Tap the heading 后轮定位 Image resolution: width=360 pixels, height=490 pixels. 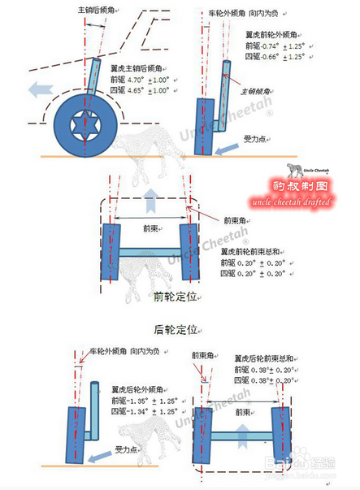[176, 329]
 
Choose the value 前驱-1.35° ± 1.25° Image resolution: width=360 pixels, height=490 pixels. [143, 401]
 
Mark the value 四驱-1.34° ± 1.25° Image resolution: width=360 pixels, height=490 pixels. [143, 411]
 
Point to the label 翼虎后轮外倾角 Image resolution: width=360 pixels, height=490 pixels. [141, 390]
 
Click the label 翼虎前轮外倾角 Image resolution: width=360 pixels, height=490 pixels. [272, 36]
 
